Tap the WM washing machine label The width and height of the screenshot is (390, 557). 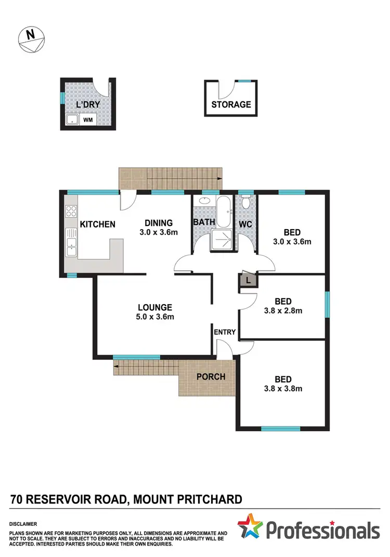[x=89, y=121]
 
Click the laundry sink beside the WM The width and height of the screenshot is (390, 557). [x=72, y=121]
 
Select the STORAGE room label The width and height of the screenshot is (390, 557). [x=231, y=105]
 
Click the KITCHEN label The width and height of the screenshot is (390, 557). [x=97, y=225]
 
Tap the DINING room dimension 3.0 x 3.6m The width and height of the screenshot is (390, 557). [x=159, y=233]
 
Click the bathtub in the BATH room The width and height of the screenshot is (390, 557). [x=225, y=212]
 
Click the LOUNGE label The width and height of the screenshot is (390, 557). [x=155, y=307]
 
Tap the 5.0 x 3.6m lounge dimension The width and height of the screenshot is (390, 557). [x=155, y=317]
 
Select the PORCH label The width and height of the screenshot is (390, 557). [x=211, y=377]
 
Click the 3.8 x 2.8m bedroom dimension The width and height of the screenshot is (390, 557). [x=283, y=311]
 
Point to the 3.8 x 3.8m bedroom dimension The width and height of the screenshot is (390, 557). [x=283, y=388]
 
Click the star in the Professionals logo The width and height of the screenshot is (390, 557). [x=252, y=526]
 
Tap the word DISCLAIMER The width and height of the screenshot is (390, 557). [x=23, y=523]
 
